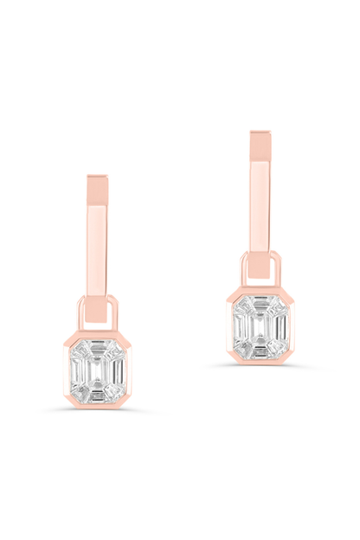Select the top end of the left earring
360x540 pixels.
(97, 179)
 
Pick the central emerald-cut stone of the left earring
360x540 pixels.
(97, 369)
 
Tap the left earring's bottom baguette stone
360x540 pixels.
(97, 395)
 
